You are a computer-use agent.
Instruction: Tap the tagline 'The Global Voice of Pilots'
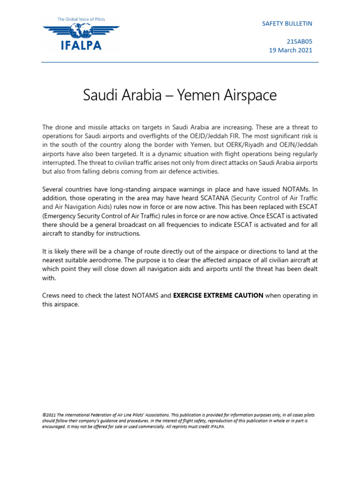(81, 19)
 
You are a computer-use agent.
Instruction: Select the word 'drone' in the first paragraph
(65, 127)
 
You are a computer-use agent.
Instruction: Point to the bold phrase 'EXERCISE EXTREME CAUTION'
(218, 295)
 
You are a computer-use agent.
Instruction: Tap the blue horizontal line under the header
(180, 62)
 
